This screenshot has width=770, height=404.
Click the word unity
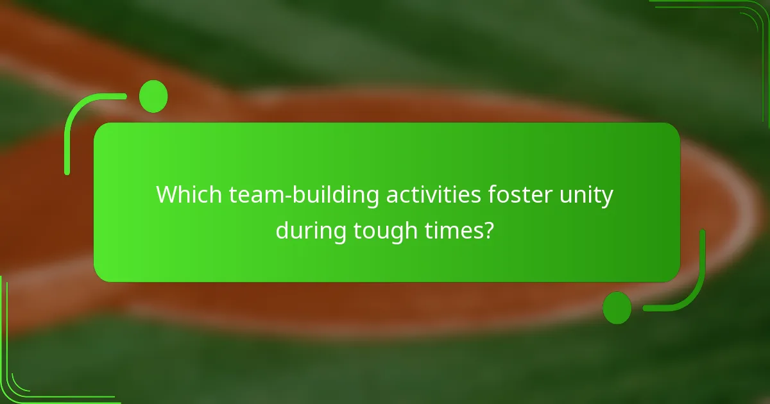click(590, 195)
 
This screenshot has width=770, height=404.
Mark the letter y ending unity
click(608, 198)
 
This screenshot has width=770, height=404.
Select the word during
click(311, 230)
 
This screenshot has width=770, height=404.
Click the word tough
click(385, 230)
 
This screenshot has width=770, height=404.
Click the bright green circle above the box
click(153, 97)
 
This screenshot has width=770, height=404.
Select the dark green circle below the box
click(617, 307)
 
